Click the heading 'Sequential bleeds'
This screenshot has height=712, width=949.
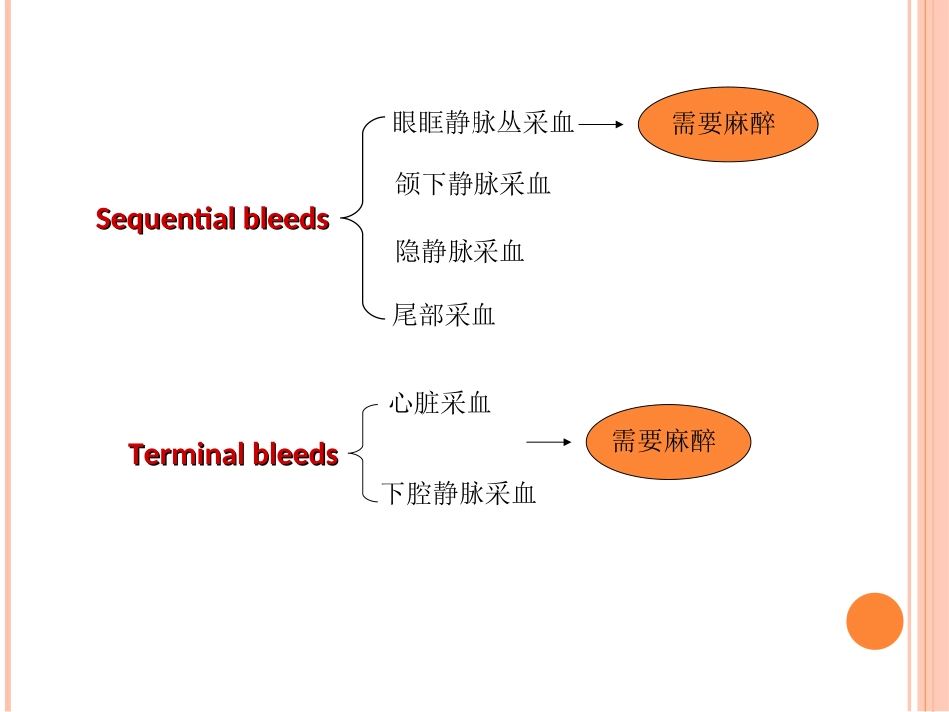click(212, 219)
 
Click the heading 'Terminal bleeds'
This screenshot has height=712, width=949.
click(233, 455)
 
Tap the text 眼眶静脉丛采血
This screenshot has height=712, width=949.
click(483, 123)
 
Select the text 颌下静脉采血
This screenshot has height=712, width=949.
click(473, 184)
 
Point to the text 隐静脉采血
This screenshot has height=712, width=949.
click(460, 251)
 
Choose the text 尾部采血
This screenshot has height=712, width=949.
click(444, 316)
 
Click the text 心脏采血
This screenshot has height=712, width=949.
click(440, 404)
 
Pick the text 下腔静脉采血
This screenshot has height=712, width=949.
click(459, 493)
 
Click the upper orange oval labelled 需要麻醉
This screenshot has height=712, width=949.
click(727, 123)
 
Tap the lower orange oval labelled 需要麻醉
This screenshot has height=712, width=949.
click(667, 441)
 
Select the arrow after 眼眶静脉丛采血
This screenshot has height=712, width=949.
click(601, 125)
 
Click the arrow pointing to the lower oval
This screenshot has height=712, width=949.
click(549, 441)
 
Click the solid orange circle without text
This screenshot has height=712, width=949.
click(874, 621)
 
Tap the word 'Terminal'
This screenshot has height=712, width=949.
click(187, 455)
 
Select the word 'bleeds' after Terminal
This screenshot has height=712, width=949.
click(295, 455)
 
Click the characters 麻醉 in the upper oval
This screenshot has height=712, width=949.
click(750, 123)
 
